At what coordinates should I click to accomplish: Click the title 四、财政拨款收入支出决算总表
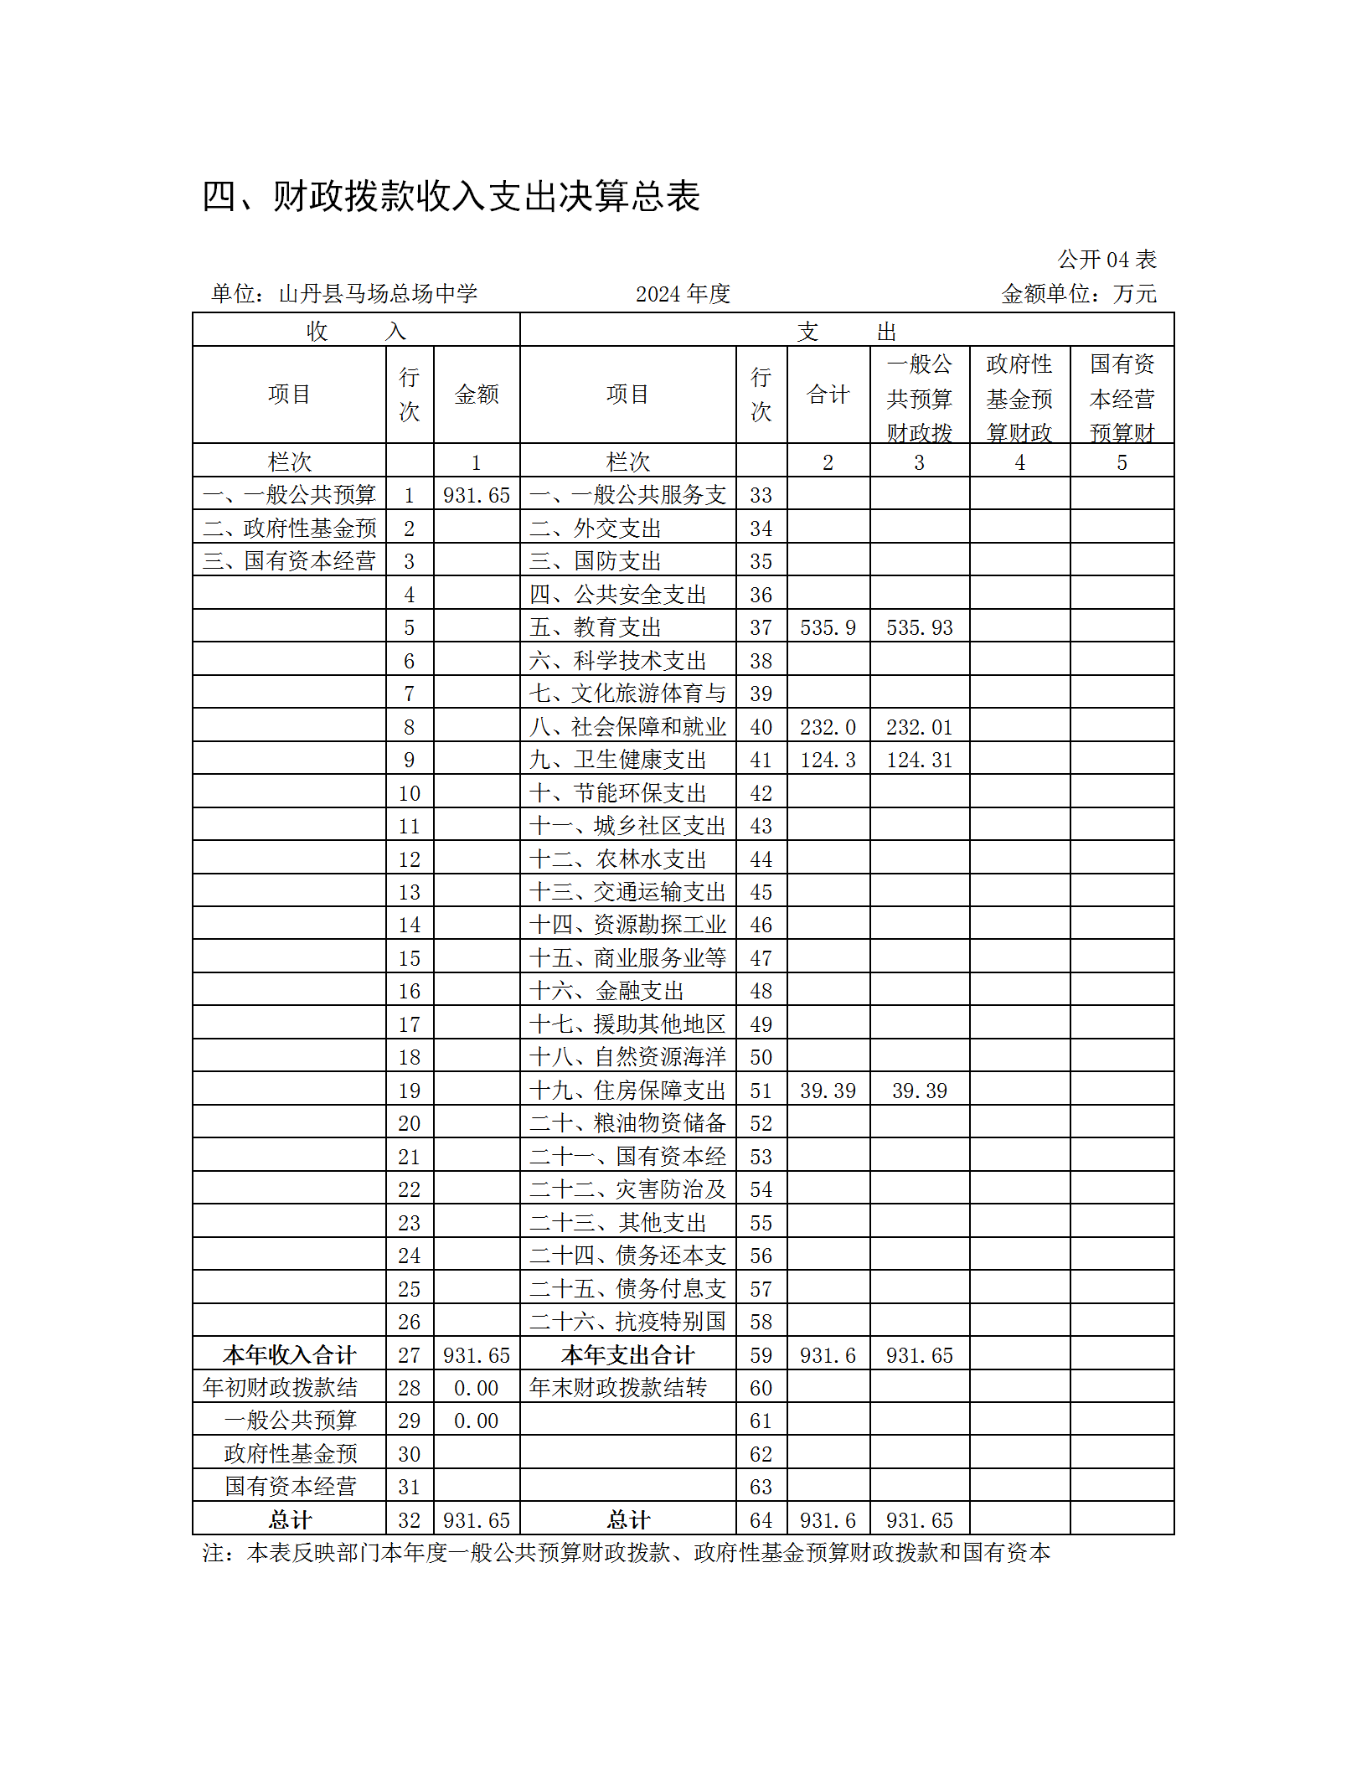451,197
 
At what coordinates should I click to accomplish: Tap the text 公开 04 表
1106,260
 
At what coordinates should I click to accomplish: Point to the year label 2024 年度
683,294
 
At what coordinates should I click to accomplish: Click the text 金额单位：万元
1079,294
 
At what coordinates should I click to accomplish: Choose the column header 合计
828,395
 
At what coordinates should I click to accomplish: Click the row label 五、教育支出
595,627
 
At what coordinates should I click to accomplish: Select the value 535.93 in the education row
919,627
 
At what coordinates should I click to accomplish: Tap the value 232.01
919,727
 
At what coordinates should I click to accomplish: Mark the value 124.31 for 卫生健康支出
919,760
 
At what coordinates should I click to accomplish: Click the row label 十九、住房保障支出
627,1091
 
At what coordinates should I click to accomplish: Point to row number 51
761,1091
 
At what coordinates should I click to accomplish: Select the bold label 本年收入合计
289,1355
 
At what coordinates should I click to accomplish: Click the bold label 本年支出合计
627,1355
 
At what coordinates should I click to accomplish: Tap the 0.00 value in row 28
476,1388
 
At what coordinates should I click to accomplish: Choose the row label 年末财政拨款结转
617,1388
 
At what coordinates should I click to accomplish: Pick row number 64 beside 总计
761,1520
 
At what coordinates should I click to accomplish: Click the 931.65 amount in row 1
476,495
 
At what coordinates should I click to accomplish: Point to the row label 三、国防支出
595,561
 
